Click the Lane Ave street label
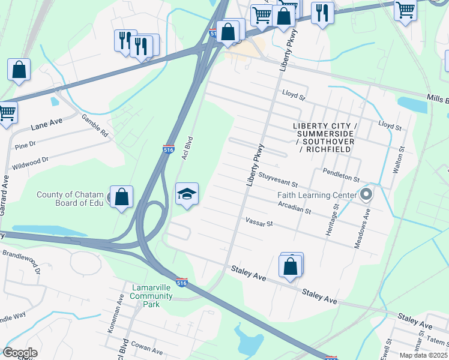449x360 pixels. (x=47, y=124)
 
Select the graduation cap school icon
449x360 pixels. (x=187, y=194)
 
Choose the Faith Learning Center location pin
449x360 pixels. (x=366, y=195)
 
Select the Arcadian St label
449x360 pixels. (x=294, y=208)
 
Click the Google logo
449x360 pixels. (x=20, y=353)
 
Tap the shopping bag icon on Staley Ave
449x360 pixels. (x=291, y=266)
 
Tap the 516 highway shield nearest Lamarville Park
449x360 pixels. (x=182, y=282)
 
